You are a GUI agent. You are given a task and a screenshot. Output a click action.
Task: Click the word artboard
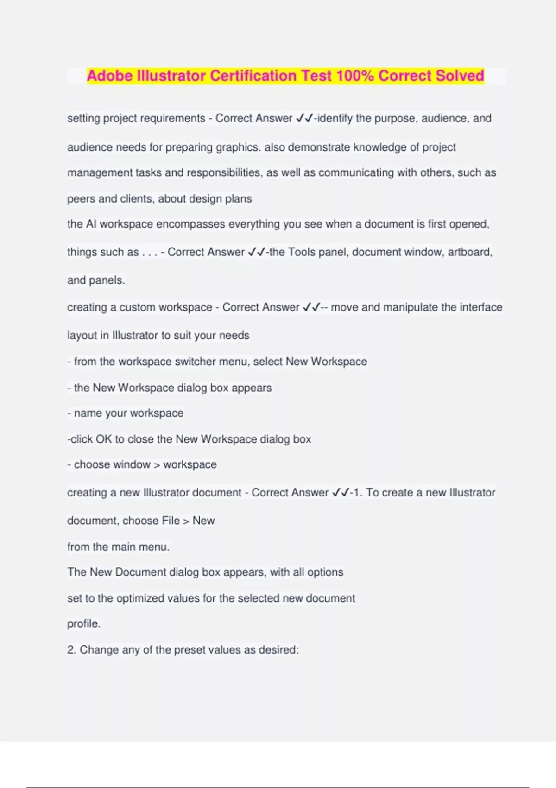coord(469,252)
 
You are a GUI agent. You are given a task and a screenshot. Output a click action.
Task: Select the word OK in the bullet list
coord(103,439)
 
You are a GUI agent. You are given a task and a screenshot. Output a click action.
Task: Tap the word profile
coord(83,624)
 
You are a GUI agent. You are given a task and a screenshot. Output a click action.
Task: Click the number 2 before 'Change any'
coord(71,650)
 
